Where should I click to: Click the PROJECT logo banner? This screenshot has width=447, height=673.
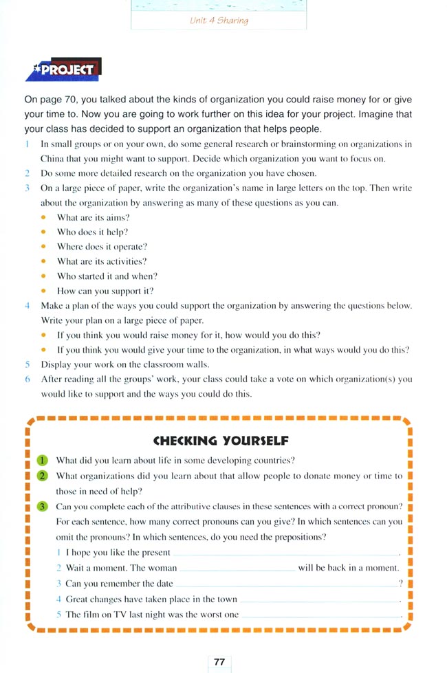63,69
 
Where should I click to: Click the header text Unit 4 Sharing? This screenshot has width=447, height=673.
219,21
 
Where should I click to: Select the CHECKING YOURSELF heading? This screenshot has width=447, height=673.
220,441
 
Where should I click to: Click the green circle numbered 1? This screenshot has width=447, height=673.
42,461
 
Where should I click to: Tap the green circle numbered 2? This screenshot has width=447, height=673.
42,476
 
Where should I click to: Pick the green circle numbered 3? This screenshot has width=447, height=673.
42,507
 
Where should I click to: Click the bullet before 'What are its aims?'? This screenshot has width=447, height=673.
44,217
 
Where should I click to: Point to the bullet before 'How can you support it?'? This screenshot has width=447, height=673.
44,291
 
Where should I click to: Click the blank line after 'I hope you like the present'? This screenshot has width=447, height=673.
285,553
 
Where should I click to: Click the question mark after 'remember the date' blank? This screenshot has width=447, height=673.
400,584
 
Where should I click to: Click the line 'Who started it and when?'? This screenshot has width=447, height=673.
107,276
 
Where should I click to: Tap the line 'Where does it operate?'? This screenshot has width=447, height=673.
102,247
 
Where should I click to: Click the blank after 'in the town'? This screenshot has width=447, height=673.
319,599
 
